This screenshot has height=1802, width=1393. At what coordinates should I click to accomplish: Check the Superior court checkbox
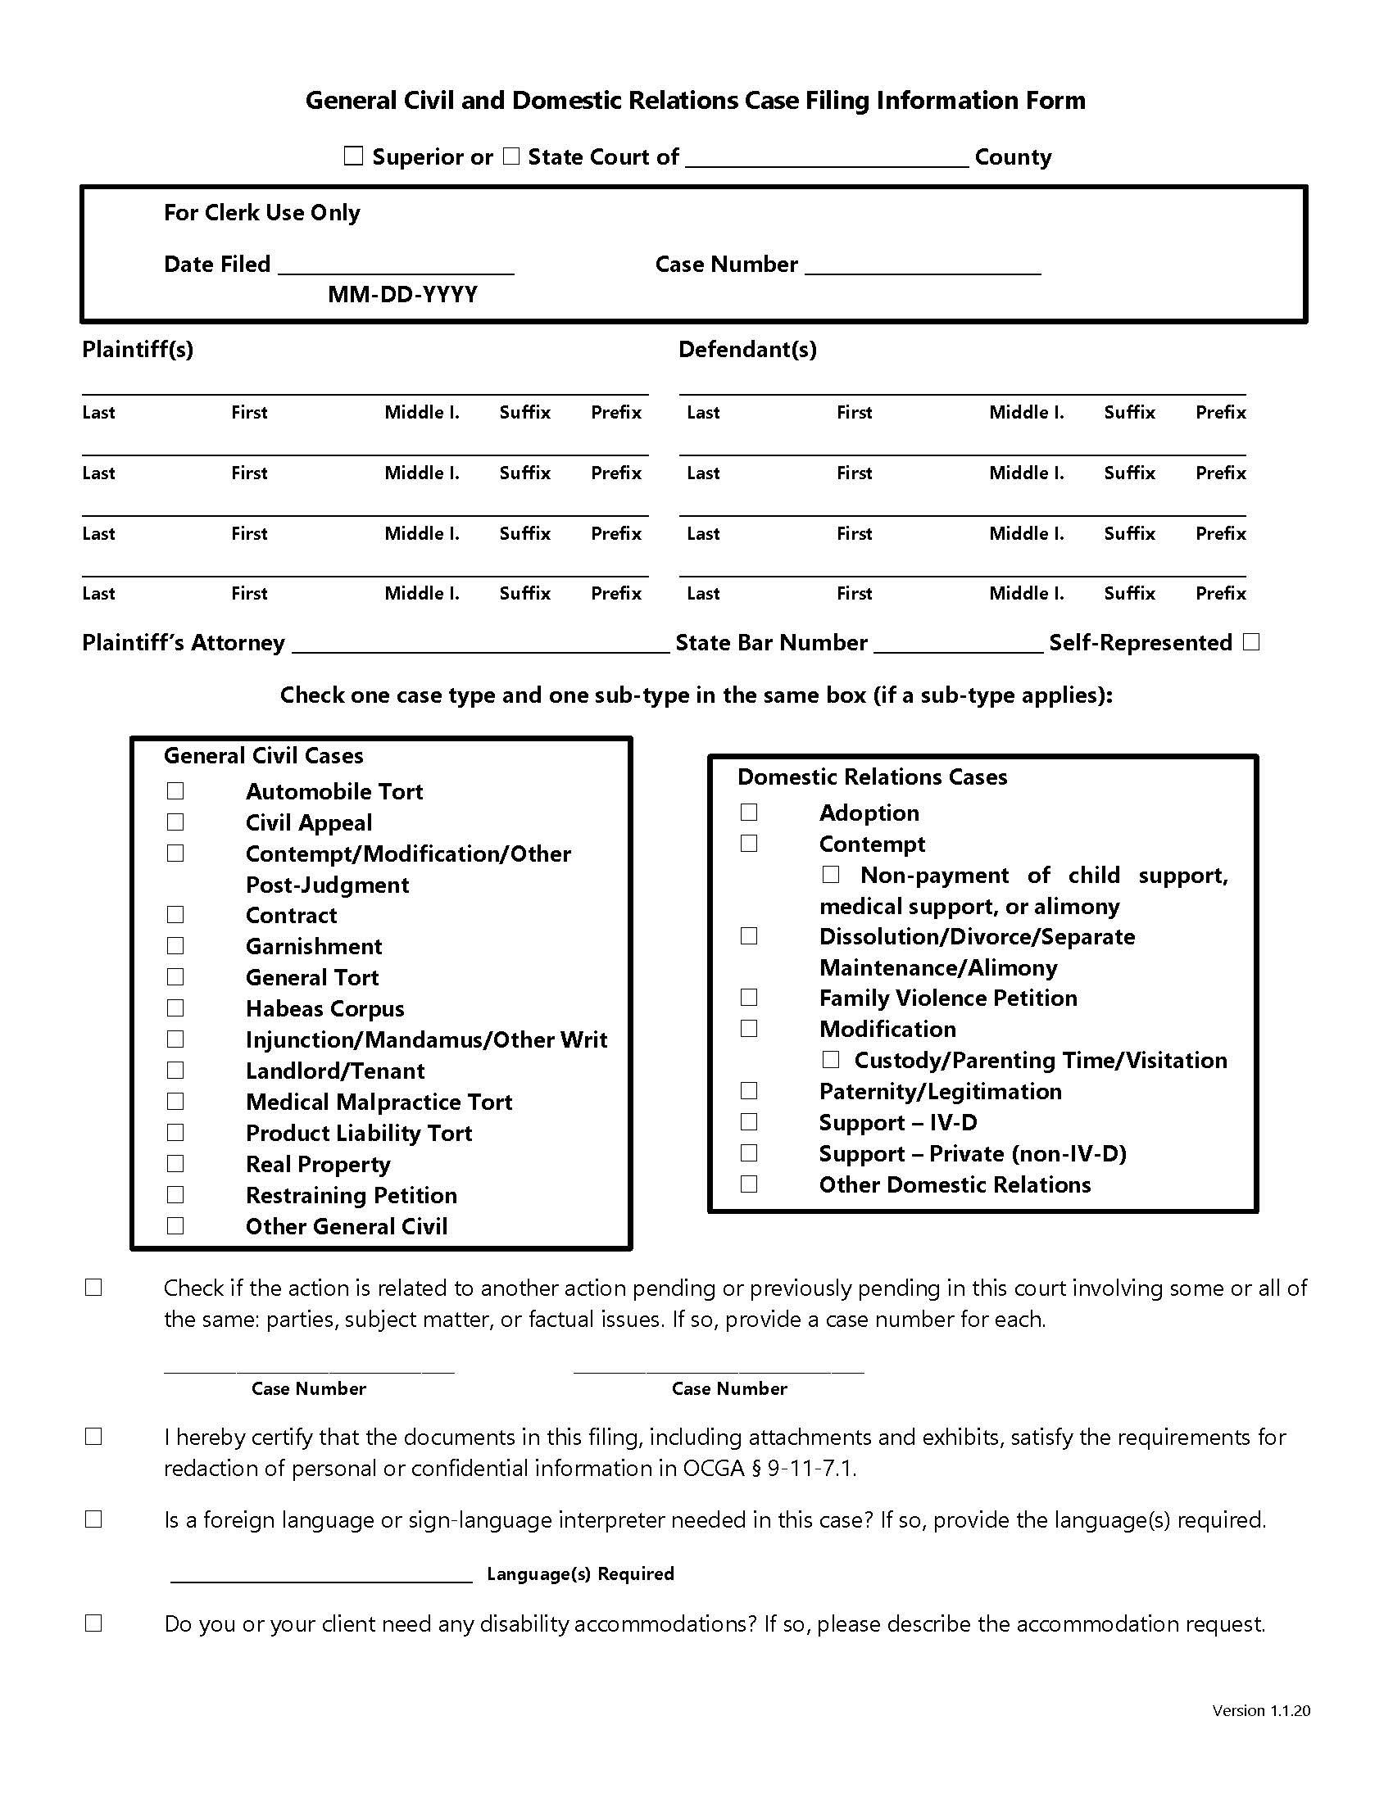click(353, 156)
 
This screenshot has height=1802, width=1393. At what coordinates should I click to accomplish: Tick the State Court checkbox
click(511, 156)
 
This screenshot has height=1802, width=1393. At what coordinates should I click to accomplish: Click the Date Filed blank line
click(396, 265)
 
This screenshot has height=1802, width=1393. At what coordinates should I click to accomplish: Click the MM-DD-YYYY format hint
click(402, 295)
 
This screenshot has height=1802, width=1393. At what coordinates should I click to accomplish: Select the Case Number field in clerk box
click(923, 265)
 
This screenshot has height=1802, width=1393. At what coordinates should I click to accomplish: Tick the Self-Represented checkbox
click(1251, 642)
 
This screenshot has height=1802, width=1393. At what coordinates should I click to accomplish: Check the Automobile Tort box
click(175, 791)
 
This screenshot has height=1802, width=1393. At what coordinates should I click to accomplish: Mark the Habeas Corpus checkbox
click(175, 1008)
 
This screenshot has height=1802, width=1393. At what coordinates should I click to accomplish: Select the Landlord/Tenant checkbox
click(175, 1071)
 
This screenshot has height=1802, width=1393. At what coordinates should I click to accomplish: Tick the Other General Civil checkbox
click(175, 1226)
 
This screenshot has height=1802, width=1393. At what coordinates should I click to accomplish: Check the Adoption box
click(748, 813)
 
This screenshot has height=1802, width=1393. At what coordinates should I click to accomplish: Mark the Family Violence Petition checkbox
click(748, 998)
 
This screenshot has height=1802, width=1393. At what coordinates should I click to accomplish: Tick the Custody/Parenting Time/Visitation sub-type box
click(831, 1059)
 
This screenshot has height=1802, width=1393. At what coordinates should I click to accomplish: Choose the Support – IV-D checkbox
click(748, 1122)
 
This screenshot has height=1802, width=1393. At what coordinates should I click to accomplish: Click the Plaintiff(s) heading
click(138, 349)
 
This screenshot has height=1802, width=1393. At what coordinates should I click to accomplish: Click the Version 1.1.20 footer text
click(1260, 1710)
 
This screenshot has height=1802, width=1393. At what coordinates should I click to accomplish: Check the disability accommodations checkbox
click(93, 1623)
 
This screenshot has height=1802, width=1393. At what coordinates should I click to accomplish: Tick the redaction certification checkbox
click(93, 1438)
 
